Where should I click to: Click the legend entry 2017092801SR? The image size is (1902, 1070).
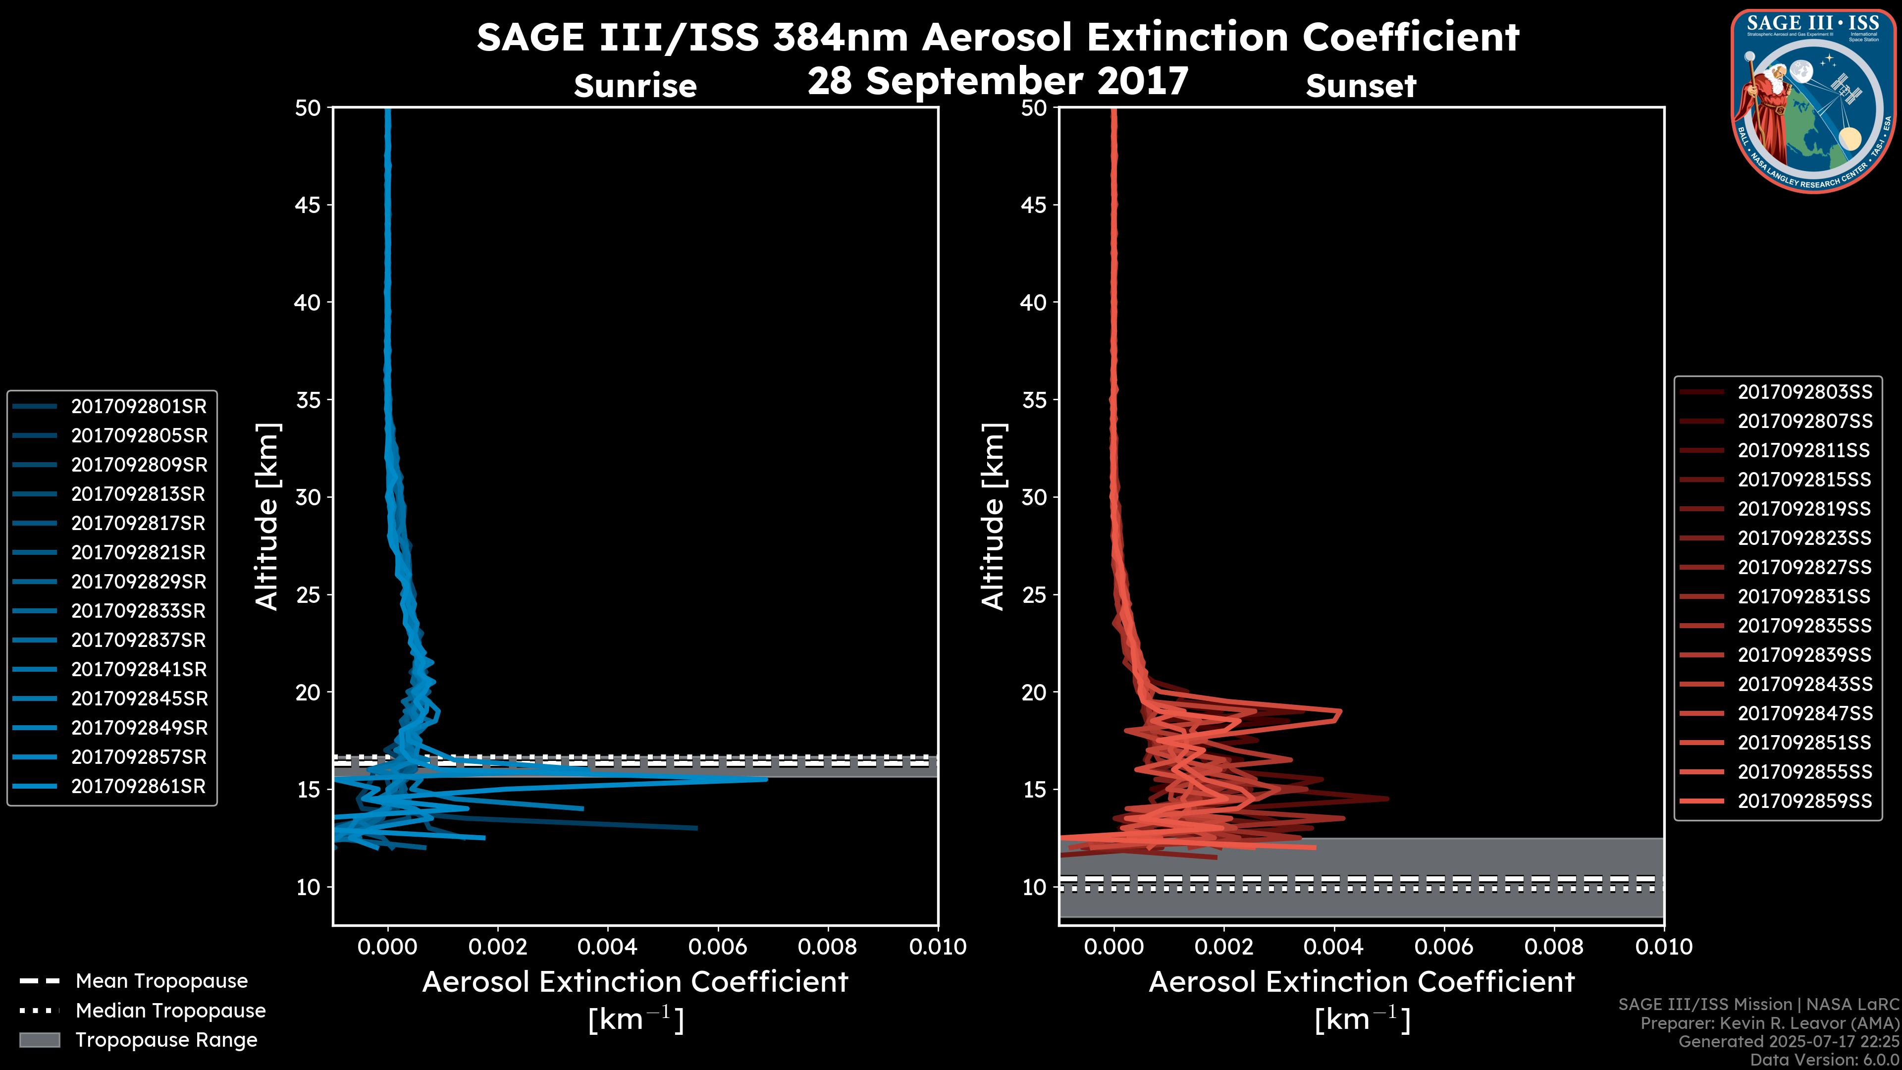pos(139,406)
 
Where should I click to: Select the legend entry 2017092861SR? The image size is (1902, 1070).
pos(138,787)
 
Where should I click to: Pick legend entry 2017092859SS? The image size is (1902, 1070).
pos(1804,801)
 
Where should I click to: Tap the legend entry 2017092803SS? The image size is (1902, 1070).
pos(1804,392)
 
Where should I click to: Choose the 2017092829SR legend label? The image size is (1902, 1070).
pos(139,582)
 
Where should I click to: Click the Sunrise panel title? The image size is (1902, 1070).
pos(635,86)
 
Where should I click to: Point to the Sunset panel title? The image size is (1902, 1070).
pos(1360,86)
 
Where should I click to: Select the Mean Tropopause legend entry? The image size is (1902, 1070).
pos(161,981)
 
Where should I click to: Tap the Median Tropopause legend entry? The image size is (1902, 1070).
pos(170,1011)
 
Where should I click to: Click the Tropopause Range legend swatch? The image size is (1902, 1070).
pos(40,1040)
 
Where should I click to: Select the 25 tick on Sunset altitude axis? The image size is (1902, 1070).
pos(1034,595)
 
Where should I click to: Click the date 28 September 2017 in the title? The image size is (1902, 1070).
pos(998,81)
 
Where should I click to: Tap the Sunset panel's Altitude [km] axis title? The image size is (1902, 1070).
pos(993,516)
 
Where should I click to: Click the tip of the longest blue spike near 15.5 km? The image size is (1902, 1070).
pos(766,779)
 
